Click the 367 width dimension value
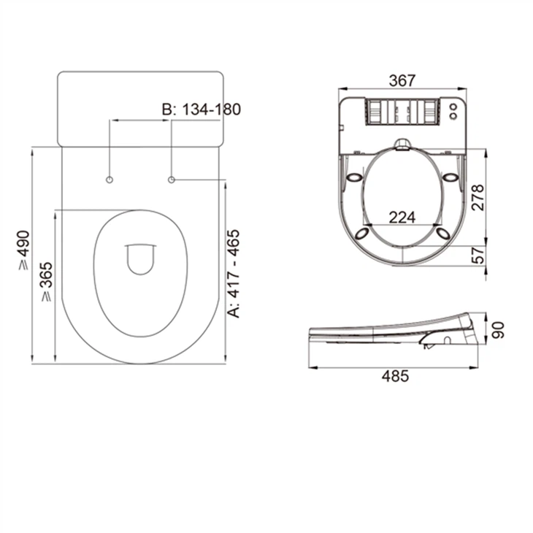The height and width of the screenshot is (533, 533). (402, 81)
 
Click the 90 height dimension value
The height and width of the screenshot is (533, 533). (498, 330)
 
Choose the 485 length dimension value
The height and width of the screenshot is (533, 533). (395, 376)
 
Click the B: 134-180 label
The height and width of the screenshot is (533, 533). (201, 110)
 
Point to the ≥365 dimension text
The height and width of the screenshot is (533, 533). (46, 282)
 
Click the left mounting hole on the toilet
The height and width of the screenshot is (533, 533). (110, 180)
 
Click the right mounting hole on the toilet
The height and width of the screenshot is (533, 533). (172, 180)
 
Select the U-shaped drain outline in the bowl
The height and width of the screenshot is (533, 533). (140, 258)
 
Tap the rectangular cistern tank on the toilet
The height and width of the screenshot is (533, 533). (139, 108)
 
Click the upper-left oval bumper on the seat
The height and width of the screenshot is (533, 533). (356, 177)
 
